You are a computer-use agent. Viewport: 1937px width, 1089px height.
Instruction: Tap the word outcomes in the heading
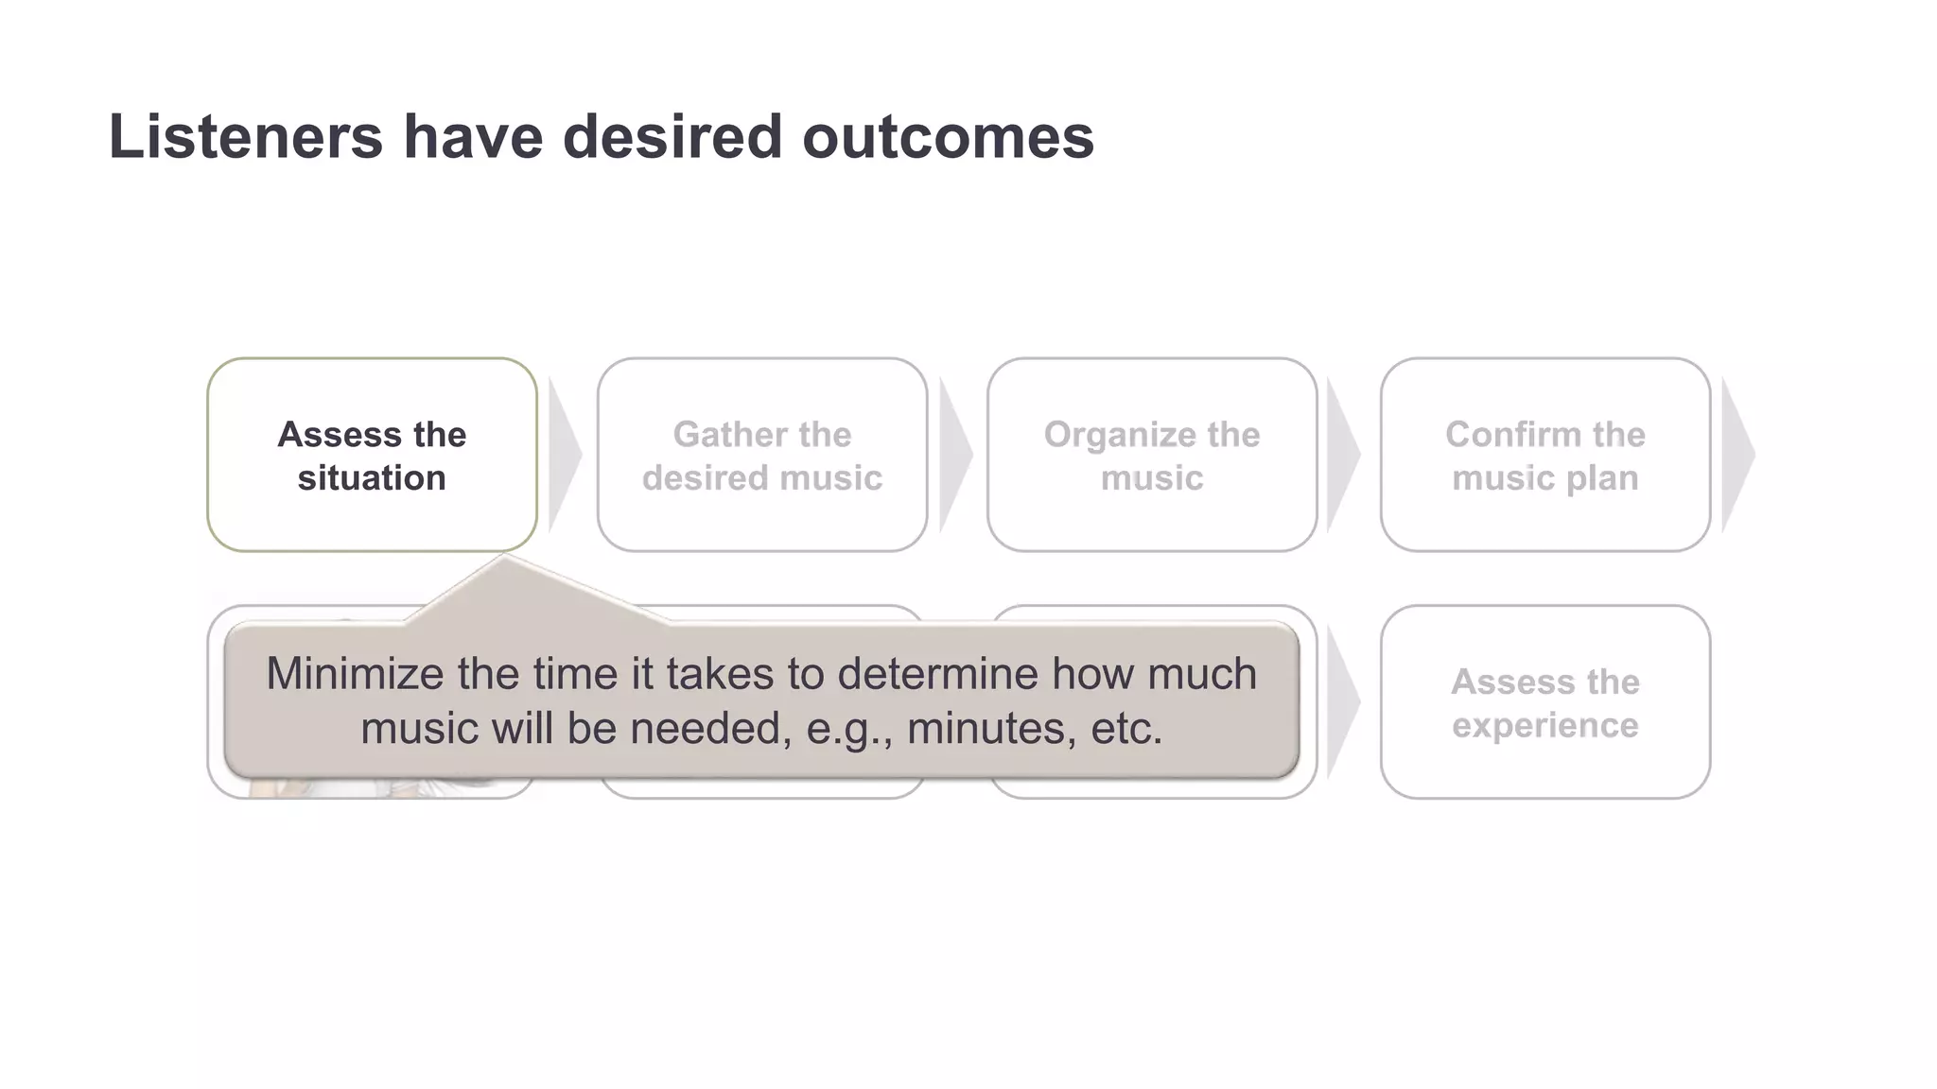(948, 137)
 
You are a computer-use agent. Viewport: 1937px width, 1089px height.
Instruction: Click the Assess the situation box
(372, 455)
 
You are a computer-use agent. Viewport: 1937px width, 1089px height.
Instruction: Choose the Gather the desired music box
(762, 455)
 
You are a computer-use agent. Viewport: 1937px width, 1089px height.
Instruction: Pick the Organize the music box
(1152, 455)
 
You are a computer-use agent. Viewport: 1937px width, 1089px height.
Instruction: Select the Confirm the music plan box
(1544, 455)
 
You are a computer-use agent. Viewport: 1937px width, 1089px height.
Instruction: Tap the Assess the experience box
(1544, 702)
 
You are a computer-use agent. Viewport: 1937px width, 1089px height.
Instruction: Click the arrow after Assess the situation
(564, 455)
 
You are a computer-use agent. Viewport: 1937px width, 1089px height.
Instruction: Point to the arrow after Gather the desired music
(954, 455)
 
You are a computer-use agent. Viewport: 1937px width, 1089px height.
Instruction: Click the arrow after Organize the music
(1342, 455)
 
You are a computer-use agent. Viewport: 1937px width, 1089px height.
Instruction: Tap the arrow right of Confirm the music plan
(1737, 455)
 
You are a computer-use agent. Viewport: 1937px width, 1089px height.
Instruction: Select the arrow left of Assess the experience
(1342, 702)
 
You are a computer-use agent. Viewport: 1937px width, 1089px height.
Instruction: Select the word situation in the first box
(372, 478)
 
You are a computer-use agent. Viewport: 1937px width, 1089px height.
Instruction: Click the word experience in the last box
(1544, 726)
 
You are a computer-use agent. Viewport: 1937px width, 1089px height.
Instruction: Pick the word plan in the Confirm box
(1602, 478)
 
